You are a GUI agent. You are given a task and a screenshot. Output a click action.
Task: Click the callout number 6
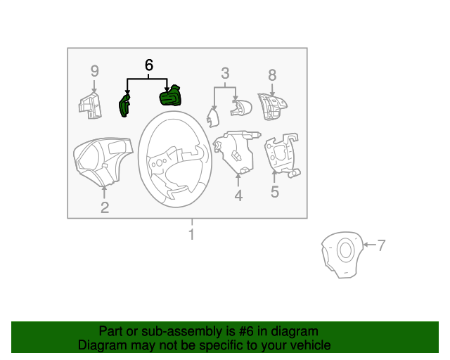148,65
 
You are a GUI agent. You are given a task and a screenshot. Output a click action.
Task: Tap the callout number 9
94,71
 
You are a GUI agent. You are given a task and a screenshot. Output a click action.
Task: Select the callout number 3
225,73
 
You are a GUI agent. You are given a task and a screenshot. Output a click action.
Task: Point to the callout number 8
272,75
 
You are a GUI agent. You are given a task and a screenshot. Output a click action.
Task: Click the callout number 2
104,207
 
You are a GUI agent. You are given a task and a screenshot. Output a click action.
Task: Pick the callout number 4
238,196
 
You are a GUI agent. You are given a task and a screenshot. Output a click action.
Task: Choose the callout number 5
274,191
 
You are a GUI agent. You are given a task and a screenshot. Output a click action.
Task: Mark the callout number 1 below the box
191,234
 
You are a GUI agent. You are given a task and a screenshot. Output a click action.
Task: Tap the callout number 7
381,245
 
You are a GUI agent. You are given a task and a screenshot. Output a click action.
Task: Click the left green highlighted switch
124,106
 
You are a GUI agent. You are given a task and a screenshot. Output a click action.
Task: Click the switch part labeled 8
271,107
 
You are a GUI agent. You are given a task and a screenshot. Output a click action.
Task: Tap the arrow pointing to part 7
370,245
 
